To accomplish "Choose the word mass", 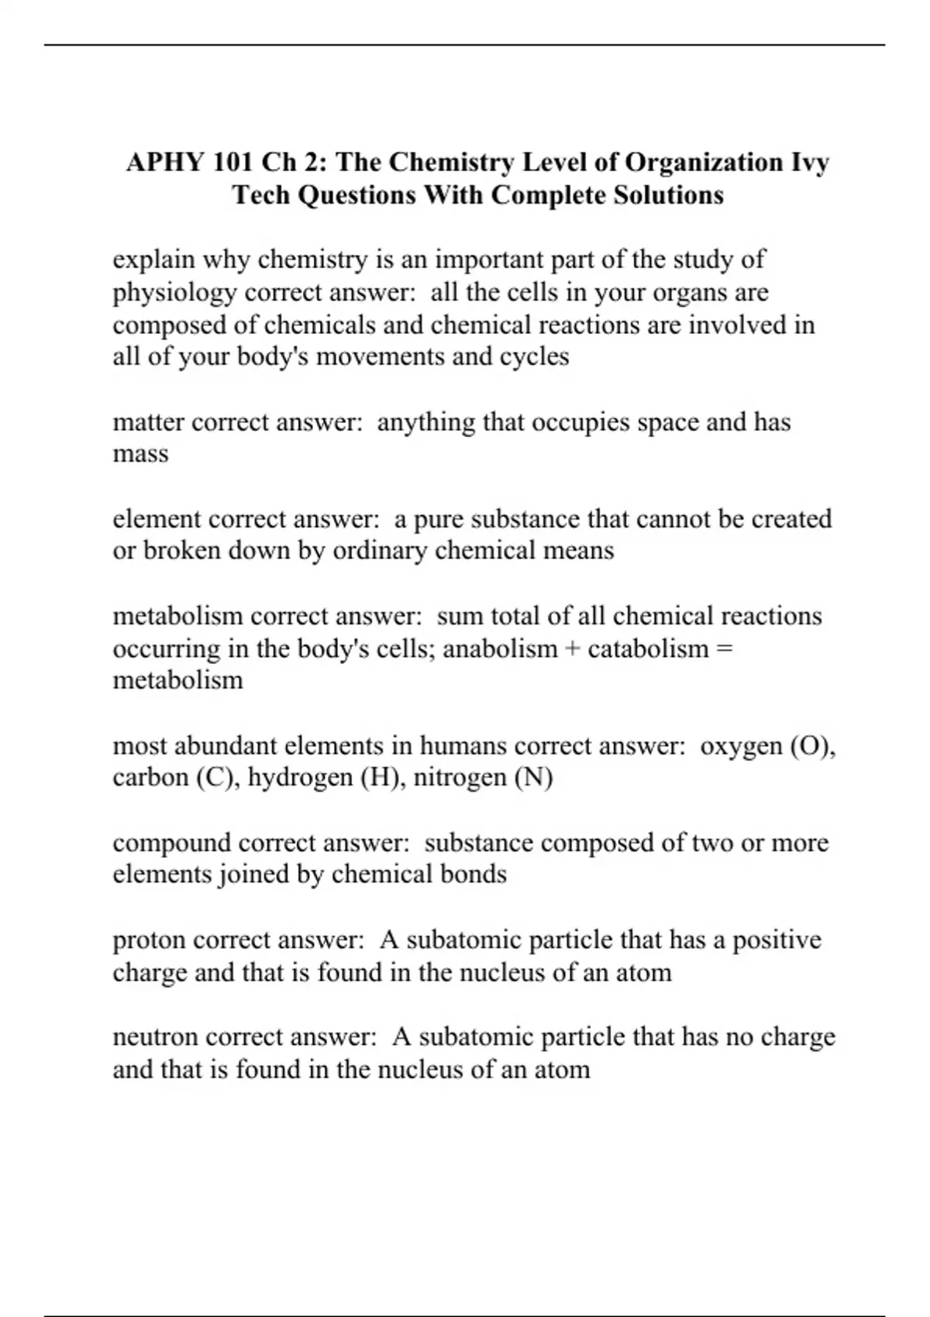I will click(140, 454).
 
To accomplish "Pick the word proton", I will click(149, 940).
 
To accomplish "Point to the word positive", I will click(777, 940).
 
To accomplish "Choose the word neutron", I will click(155, 1037).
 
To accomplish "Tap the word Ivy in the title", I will click(810, 163).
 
